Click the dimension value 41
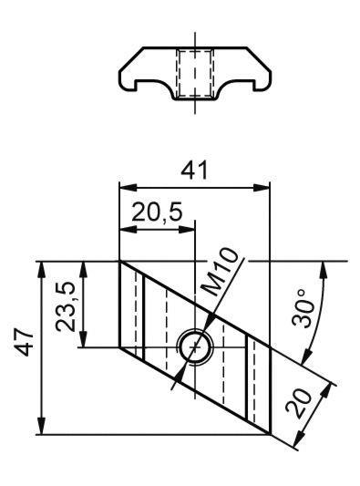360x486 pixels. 194,171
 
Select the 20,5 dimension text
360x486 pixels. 157,212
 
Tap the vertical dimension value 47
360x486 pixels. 25,342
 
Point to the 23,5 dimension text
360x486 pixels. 66,306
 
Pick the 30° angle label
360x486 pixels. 303,308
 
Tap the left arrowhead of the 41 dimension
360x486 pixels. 128,188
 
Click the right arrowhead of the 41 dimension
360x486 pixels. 262,188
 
